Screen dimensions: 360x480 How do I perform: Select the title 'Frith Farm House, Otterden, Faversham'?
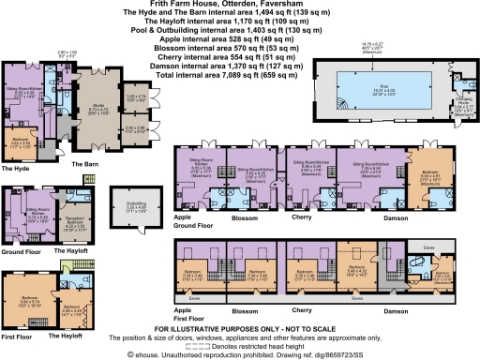tap(240, 5)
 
